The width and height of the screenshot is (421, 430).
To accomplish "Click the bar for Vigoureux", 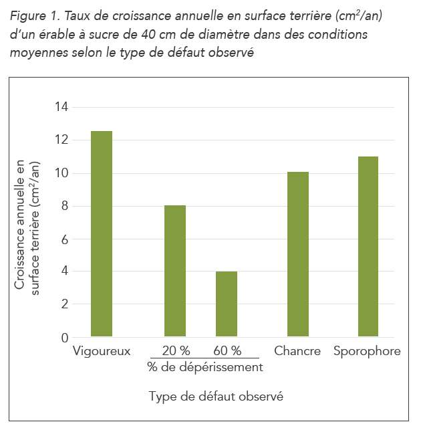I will [x=101, y=233].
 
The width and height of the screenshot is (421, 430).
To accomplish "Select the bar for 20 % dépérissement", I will [x=175, y=271].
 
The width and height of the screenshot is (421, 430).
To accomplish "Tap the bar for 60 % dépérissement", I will [x=227, y=304].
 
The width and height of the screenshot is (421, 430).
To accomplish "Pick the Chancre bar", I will [x=298, y=254].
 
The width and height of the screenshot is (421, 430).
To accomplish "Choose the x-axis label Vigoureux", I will [x=101, y=351].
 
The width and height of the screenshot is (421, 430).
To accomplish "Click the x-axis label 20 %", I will [x=175, y=351].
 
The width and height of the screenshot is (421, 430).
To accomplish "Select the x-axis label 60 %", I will [x=227, y=351].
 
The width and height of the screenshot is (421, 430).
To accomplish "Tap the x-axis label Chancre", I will [x=297, y=351].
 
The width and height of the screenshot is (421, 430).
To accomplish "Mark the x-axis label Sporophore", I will [x=367, y=351].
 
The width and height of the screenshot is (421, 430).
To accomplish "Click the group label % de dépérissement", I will [x=204, y=367].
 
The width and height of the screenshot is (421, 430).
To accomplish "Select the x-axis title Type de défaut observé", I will [x=216, y=397].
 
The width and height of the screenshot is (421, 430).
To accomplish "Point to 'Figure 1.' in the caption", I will [x=33, y=15].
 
